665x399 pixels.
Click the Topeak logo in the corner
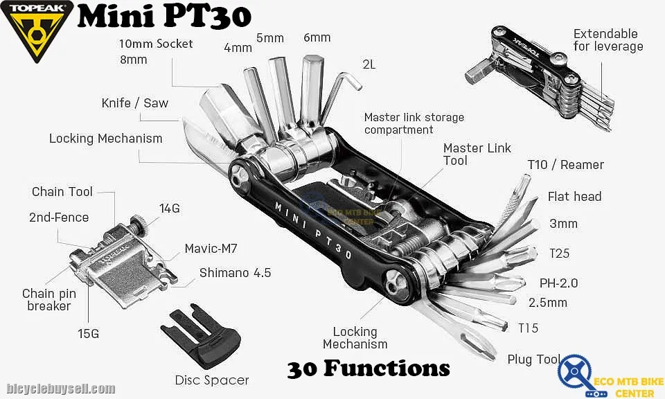coord(35,31)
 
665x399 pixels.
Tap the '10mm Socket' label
coord(156,44)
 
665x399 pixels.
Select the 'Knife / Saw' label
coord(134,103)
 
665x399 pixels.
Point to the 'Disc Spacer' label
coord(212,380)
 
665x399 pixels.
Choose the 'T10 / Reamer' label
coord(565,165)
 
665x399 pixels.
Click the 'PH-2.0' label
coord(558,283)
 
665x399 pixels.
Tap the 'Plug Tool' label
coord(533,360)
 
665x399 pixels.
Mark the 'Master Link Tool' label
coord(477,154)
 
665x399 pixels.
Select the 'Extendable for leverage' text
coord(608,40)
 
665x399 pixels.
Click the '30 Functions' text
coord(369,367)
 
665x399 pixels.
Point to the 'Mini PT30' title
coord(163,17)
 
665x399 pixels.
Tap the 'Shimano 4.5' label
coord(235,273)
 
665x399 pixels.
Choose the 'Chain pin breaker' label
coord(49,300)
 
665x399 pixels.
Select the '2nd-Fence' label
coord(59,218)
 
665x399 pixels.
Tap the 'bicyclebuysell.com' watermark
coord(61,389)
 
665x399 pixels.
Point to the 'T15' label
coord(528,328)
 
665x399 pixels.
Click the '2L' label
coord(369,64)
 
